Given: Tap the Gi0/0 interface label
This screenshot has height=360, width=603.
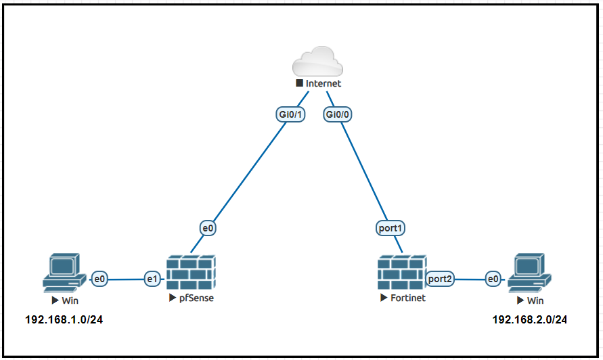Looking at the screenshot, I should coord(338,114).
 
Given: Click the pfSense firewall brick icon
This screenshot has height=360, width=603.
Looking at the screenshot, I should coord(192,273).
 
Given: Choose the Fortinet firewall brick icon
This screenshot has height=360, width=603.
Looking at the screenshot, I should coord(402,273).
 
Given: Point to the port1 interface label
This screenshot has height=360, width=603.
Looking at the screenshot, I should coord(391,229).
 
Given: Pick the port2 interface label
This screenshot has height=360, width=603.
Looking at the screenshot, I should coord(440,278).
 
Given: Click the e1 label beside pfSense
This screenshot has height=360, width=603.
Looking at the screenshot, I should coord(152,278).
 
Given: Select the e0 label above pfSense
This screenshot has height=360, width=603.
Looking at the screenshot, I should coord(208,229).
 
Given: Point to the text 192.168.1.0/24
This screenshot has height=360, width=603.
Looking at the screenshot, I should coord(64,319).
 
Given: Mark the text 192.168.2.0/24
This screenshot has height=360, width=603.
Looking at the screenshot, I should coord(530,319).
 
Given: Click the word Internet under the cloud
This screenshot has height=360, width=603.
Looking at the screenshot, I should coord(323,84).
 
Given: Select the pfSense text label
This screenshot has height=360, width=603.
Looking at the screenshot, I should coord(196,298).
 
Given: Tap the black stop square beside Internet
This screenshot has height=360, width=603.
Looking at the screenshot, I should coord(299,83).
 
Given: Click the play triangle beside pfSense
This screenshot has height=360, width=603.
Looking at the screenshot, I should coord(173,298).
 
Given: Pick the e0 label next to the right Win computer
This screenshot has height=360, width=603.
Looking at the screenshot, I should coord(493,278).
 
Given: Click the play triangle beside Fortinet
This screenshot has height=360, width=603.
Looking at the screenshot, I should coord(384,298).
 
